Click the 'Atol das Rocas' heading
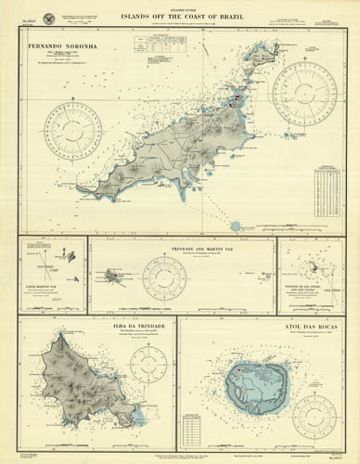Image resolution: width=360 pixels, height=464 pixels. [268, 327]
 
